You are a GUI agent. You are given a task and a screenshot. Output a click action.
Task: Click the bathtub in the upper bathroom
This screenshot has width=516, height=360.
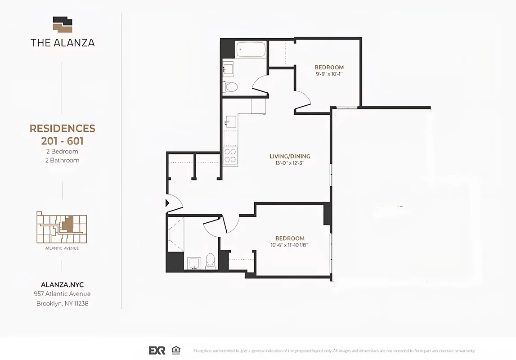251,49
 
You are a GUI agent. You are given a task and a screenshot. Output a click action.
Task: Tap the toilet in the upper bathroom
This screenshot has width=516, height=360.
231,86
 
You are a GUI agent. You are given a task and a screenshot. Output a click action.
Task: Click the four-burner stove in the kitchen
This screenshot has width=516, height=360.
230,156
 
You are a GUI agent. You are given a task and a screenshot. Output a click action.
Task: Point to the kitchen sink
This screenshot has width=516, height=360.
230,121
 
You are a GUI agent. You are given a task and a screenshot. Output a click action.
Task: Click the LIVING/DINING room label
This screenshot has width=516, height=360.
290,157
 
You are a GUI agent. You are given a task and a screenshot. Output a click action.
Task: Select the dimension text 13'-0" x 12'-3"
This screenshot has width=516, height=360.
290,163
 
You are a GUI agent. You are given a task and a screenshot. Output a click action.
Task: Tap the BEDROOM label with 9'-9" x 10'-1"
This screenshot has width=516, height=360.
329,67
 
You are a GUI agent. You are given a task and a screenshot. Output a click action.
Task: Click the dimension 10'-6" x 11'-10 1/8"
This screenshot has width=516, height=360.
290,245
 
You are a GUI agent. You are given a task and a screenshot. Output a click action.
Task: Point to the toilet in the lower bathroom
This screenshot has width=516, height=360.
210,261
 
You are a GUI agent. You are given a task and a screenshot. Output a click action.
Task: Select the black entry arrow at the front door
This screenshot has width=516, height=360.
168,203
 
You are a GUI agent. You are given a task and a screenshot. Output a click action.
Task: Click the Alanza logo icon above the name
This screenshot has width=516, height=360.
63,25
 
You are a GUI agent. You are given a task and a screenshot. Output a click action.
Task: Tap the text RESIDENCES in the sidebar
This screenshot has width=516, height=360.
63,129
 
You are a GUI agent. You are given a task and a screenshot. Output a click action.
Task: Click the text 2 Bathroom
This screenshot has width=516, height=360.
63,160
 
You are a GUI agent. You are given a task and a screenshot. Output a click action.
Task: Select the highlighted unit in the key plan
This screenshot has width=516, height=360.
67,224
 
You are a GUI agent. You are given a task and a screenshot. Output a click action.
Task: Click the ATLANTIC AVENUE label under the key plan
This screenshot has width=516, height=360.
62,248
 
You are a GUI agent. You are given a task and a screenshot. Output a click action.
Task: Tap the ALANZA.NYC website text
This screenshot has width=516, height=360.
62,285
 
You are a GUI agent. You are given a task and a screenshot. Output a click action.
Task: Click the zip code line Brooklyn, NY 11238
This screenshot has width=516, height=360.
62,303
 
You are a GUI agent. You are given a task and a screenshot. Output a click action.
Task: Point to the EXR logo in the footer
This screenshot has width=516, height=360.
157,350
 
